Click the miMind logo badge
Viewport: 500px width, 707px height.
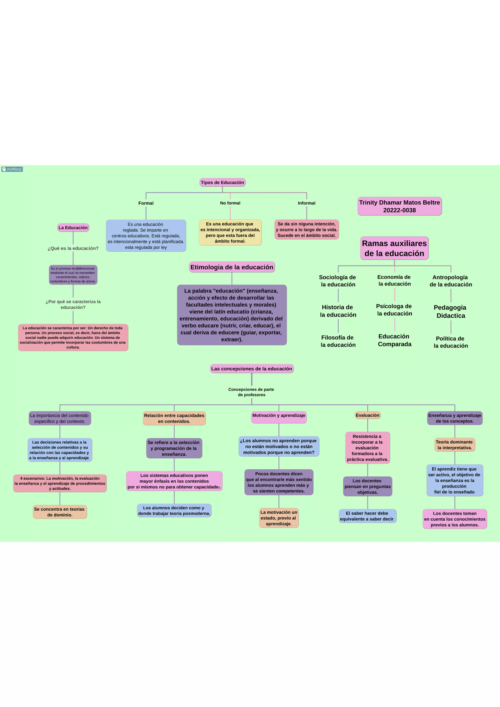click(x=12, y=169)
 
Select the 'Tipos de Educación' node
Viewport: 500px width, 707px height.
click(x=222, y=182)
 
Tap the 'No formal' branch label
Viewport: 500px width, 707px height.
click(x=230, y=203)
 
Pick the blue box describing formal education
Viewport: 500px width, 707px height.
click(x=146, y=236)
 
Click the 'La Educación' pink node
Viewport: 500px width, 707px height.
click(x=73, y=228)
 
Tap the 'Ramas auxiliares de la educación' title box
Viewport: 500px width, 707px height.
click(x=394, y=248)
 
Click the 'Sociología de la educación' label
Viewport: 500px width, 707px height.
click(x=338, y=281)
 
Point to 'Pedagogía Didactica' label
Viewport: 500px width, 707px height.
click(x=450, y=312)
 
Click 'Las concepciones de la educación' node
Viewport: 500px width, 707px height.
click(x=251, y=369)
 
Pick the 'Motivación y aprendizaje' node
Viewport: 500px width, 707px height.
click(x=279, y=416)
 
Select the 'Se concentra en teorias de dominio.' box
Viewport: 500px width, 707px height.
click(x=60, y=512)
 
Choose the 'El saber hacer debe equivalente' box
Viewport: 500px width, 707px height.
click(x=367, y=516)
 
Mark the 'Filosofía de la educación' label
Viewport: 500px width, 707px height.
click(x=338, y=341)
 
